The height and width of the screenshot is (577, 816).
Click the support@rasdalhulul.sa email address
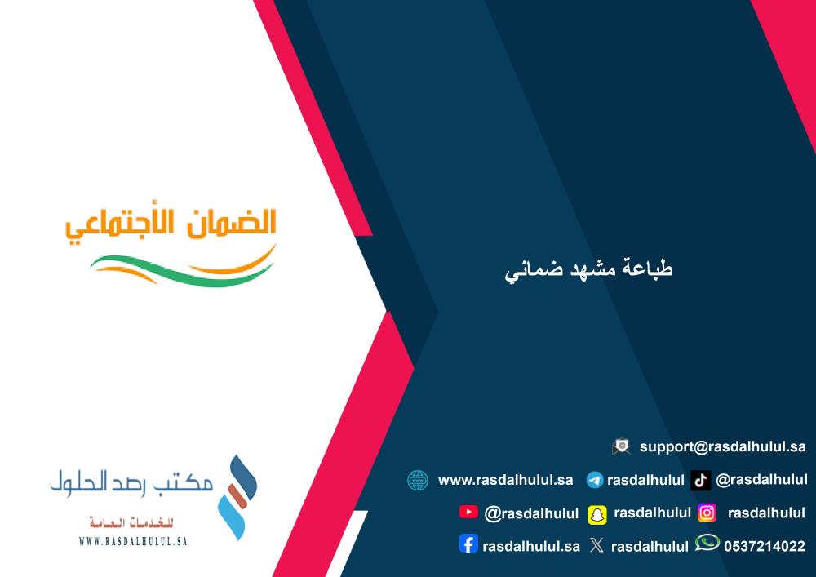[722, 447]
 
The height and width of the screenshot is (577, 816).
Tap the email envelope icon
[621, 446]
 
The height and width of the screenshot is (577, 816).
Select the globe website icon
[418, 480]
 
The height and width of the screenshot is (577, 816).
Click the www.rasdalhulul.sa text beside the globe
[505, 480]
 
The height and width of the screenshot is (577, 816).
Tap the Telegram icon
[594, 480]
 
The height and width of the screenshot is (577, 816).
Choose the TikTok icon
[700, 480]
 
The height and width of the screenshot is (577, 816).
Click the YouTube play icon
[468, 512]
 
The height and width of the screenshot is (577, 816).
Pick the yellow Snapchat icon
[597, 514]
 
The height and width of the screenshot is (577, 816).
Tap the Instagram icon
[707, 513]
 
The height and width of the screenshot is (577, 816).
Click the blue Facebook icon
[468, 544]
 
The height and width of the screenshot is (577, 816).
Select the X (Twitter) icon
[597, 544]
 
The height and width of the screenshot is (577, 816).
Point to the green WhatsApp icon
[707, 544]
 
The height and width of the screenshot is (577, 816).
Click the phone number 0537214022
[765, 546]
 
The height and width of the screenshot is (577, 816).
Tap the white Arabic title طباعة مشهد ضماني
[588, 269]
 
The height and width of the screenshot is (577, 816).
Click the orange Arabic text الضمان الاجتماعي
[171, 224]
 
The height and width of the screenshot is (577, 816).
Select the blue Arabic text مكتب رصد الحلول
[131, 482]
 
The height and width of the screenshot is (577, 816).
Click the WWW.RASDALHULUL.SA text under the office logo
[133, 541]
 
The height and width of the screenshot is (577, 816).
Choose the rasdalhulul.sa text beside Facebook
[531, 546]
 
